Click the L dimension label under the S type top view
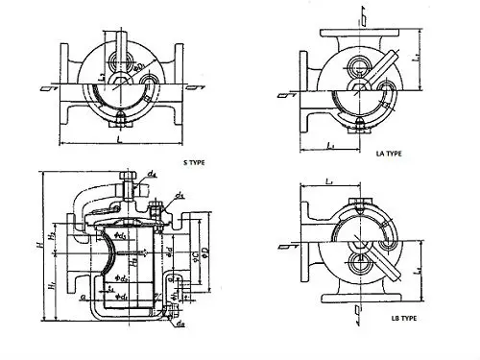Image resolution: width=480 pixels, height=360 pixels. (118, 141)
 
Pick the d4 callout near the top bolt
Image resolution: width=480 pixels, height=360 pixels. (153, 175)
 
